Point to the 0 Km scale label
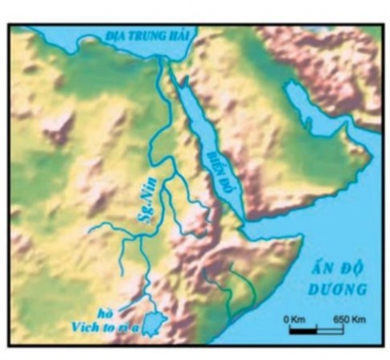tap(295, 318)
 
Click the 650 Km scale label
tap(348, 318)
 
